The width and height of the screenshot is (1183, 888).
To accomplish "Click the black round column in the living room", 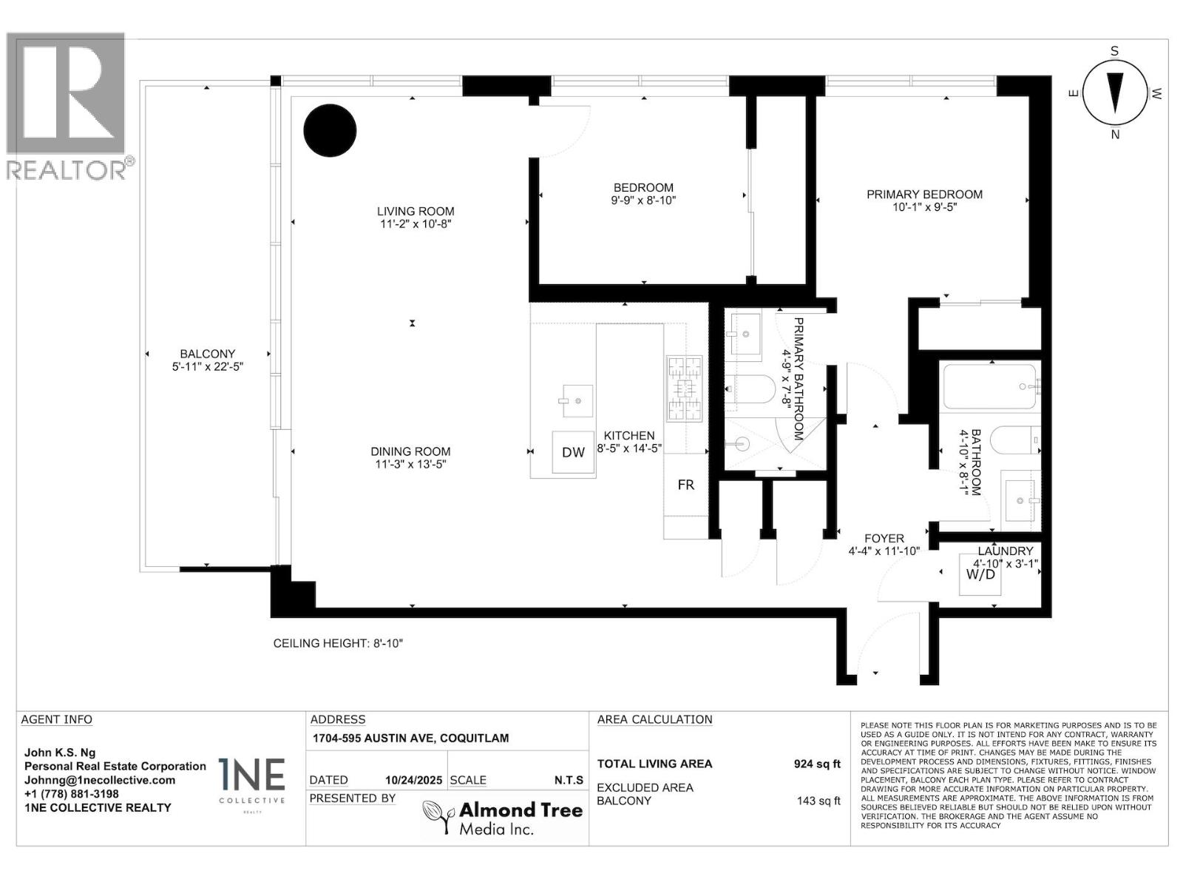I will [x=331, y=130].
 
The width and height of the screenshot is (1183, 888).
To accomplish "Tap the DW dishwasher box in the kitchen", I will [x=573, y=452].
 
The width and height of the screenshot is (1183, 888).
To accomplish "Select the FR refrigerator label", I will [x=685, y=485].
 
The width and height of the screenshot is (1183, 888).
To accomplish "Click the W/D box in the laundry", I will [x=980, y=573].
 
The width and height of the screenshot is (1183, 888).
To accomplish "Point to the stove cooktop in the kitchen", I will [x=684, y=388].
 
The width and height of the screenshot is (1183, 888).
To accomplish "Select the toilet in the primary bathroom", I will [x=750, y=387].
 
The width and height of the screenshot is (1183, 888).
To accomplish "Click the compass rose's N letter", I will [x=1115, y=135].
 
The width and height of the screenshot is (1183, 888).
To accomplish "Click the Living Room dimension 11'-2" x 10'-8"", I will [x=414, y=223].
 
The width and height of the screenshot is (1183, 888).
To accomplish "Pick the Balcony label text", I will [x=207, y=354].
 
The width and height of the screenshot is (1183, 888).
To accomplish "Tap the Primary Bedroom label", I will [x=924, y=195].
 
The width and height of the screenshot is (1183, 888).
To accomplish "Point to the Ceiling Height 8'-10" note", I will [x=338, y=643].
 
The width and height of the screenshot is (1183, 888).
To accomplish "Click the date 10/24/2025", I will [x=413, y=780].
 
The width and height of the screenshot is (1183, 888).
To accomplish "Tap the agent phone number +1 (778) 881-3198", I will [x=72, y=794].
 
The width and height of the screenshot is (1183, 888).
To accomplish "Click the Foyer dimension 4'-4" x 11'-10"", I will [x=884, y=551].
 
